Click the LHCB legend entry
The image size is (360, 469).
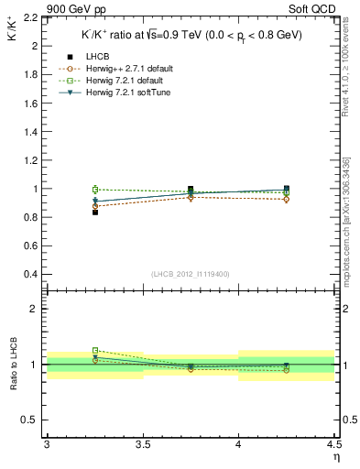coord(97,58)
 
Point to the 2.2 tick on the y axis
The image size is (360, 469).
coord(30,17)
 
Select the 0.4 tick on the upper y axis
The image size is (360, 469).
coord(30,275)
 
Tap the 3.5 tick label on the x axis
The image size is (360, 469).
coord(142,445)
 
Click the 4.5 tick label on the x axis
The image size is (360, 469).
coord(333,445)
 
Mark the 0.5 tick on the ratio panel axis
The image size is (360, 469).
coord(30,420)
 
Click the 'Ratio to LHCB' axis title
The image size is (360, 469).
coord(14,365)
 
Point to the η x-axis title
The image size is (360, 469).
coord(335,456)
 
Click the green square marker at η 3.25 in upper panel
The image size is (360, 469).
coord(94,189)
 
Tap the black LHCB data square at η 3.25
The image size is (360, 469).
coord(94,212)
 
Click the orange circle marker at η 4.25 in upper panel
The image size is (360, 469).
coord(287,199)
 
